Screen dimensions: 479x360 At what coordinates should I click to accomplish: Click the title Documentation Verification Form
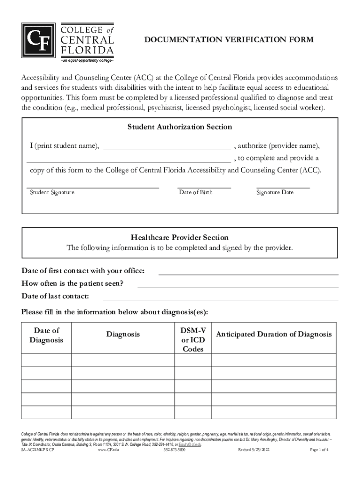(229, 40)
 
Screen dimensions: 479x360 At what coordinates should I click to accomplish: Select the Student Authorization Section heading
(180, 127)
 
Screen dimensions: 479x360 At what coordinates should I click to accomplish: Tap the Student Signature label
(52, 192)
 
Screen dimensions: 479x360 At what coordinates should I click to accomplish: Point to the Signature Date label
(274, 192)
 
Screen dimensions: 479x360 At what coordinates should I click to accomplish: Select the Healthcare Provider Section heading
(180, 238)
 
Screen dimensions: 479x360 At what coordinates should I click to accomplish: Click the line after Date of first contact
(248, 272)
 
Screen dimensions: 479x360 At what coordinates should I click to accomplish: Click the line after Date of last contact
(220, 297)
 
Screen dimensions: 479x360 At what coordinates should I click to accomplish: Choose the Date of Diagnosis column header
(46, 335)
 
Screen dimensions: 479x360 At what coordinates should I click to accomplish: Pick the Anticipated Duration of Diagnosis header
(274, 334)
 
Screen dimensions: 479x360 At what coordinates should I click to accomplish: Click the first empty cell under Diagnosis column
(123, 360)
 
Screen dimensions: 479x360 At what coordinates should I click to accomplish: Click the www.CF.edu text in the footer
(108, 450)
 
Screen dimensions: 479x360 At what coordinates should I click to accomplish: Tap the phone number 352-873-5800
(174, 450)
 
